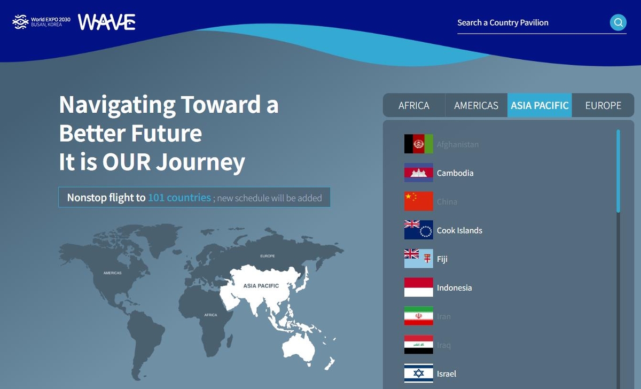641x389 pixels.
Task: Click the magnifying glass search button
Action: click(618, 22)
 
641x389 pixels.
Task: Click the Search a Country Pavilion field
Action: click(529, 22)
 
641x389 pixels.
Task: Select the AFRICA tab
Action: click(414, 105)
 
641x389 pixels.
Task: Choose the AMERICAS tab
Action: click(476, 105)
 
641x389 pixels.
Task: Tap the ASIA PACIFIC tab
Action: click(540, 105)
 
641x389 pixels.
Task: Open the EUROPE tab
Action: click(603, 105)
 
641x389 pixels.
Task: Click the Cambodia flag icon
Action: click(419, 173)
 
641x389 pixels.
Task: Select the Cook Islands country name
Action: click(459, 230)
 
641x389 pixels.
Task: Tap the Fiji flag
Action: click(419, 259)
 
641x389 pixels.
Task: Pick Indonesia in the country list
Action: click(454, 287)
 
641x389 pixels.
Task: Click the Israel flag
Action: click(419, 374)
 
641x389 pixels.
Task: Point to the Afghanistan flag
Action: click(419, 144)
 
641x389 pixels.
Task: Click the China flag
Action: click(419, 201)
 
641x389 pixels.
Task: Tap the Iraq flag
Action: click(419, 345)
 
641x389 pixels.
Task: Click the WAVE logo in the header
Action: click(107, 22)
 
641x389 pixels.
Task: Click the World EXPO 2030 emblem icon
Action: click(20, 22)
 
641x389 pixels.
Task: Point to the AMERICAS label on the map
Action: click(113, 273)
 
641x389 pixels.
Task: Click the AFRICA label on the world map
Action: click(211, 315)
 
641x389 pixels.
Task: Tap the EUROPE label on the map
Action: click(268, 256)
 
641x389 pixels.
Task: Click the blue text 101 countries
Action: click(179, 198)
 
